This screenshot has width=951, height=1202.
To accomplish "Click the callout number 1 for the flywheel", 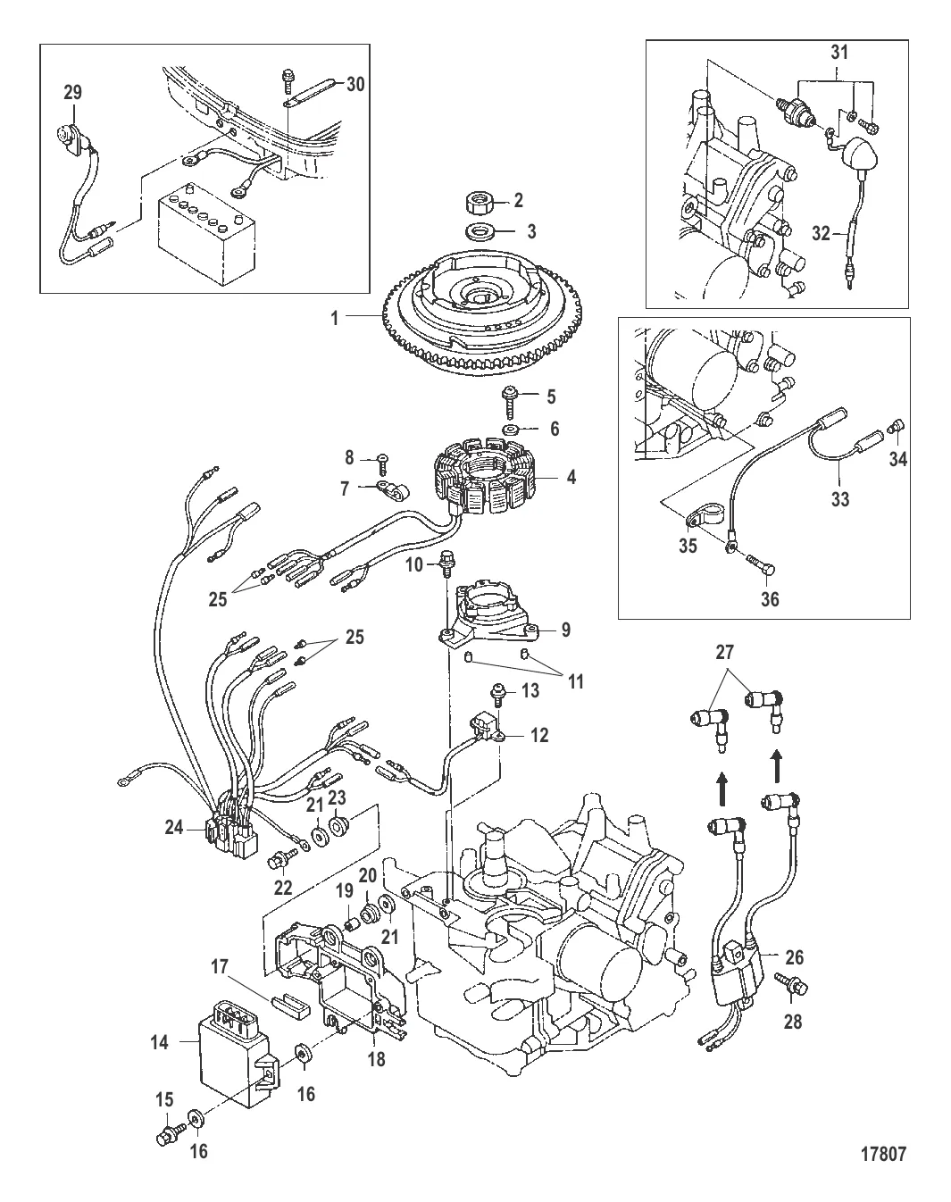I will [335, 316].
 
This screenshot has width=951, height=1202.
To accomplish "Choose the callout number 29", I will [71, 91].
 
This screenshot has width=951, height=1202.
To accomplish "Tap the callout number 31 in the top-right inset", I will [838, 54].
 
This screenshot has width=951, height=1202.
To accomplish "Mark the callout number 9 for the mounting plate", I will [565, 630].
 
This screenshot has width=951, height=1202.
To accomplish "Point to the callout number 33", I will [839, 500].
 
